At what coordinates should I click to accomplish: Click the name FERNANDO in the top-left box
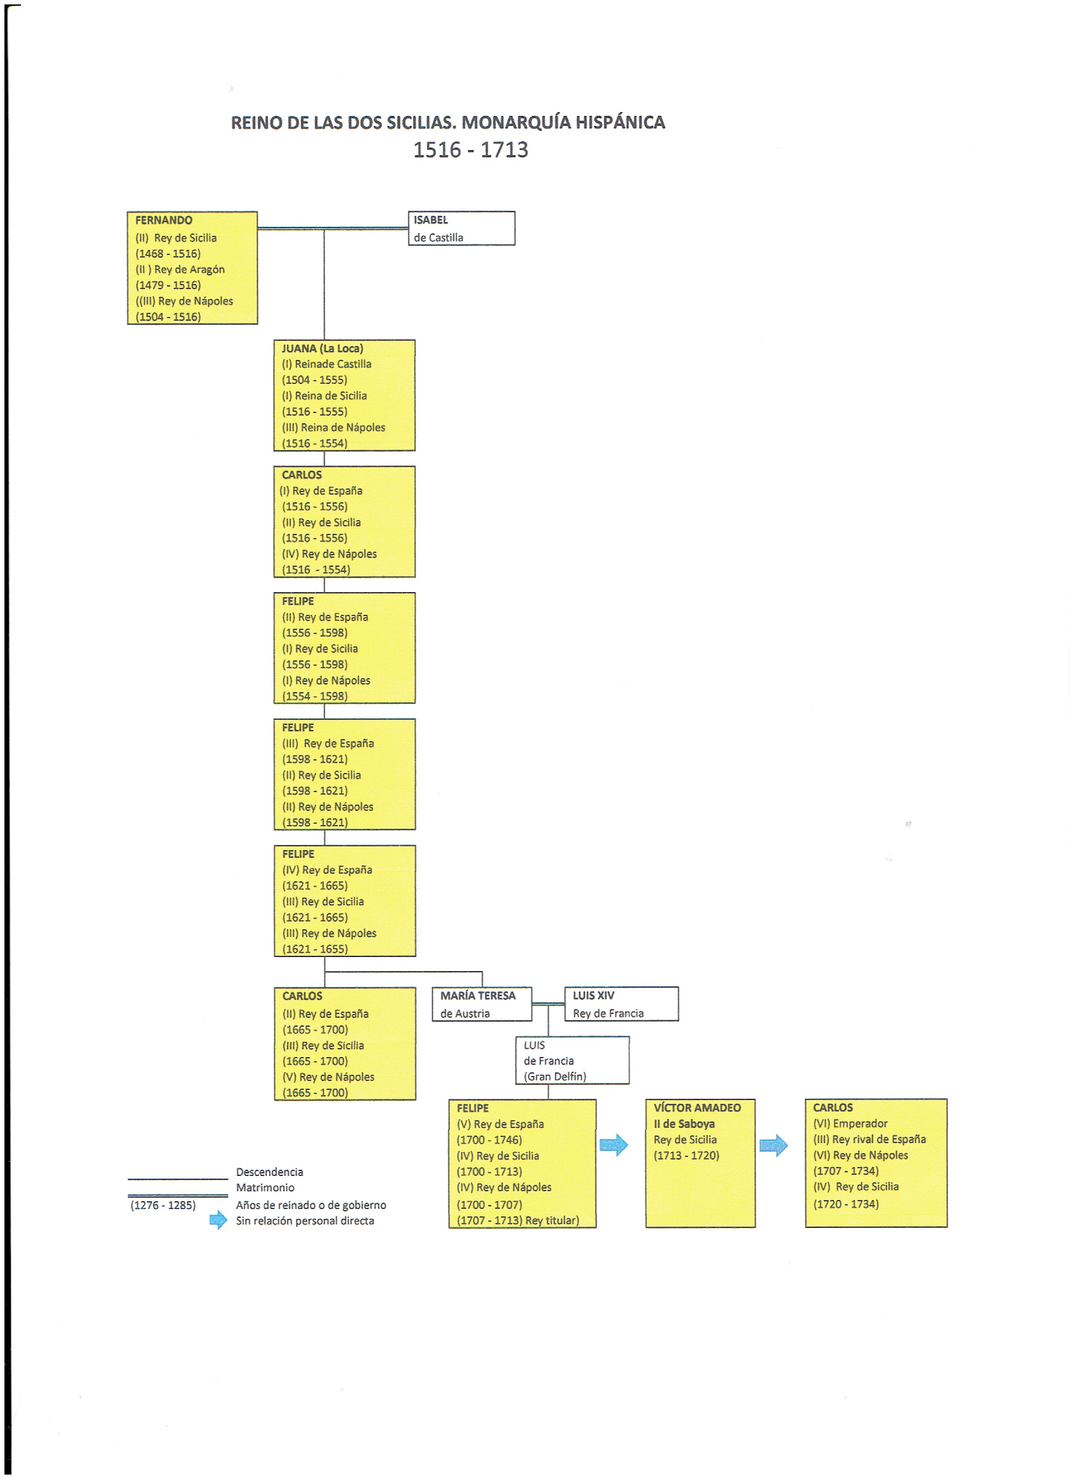pyautogui.click(x=164, y=220)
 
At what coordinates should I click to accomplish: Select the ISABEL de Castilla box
pyautogui.click(x=461, y=228)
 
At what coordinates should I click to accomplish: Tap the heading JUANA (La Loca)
pyautogui.click(x=322, y=348)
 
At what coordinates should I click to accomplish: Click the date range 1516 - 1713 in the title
pyautogui.click(x=470, y=150)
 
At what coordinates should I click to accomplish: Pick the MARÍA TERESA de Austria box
pyautogui.click(x=482, y=1005)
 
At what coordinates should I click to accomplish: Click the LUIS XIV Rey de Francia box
pyautogui.click(x=620, y=1005)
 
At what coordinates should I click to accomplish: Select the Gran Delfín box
pyautogui.click(x=572, y=1060)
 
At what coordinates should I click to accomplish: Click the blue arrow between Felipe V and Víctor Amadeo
pyautogui.click(x=613, y=1144)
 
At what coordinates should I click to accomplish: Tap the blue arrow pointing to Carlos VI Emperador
pyautogui.click(x=773, y=1145)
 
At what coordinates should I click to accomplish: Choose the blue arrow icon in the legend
pyautogui.click(x=218, y=1221)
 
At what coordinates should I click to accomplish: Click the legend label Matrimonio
pyautogui.click(x=265, y=1187)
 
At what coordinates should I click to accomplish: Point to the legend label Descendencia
pyautogui.click(x=270, y=1172)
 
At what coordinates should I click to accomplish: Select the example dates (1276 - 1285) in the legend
pyautogui.click(x=163, y=1205)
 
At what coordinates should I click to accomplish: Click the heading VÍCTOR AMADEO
pyautogui.click(x=697, y=1108)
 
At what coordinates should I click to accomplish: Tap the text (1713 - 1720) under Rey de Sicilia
pyautogui.click(x=687, y=1156)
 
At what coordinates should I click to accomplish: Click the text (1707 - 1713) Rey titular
pyautogui.click(x=518, y=1220)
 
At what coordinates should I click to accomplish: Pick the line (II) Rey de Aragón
pyautogui.click(x=180, y=269)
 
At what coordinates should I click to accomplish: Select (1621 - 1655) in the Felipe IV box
pyautogui.click(x=315, y=949)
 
